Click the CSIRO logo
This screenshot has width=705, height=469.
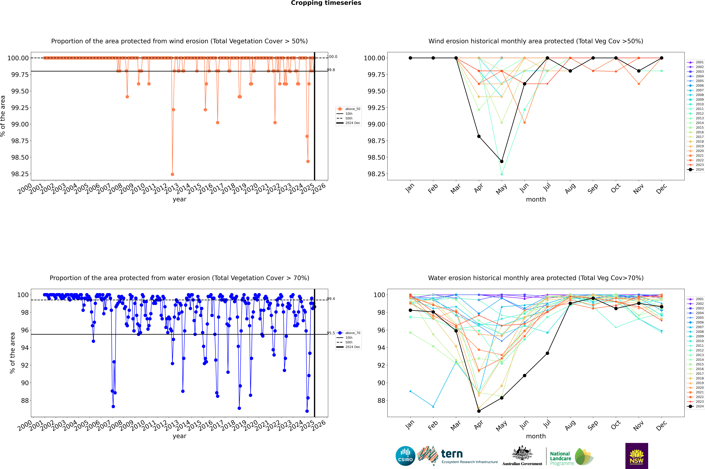pyautogui.click(x=405, y=456)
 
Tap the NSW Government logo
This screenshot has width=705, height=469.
pyautogui.click(x=637, y=456)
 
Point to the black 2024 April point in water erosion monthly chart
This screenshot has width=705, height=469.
pyautogui.click(x=479, y=411)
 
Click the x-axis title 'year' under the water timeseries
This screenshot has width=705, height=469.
pyautogui.click(x=179, y=436)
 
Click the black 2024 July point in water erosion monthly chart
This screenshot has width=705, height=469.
pyautogui.click(x=547, y=353)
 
